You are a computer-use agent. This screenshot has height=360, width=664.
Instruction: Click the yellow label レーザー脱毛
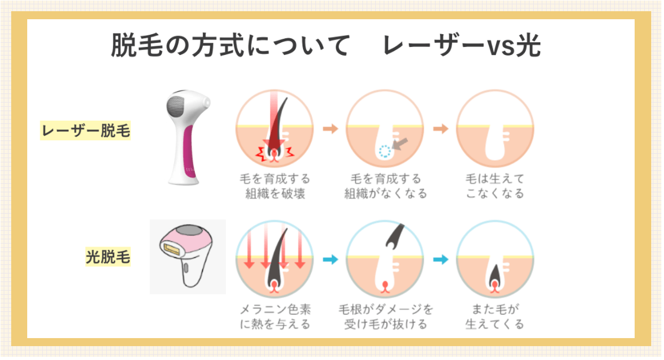coord(85,130)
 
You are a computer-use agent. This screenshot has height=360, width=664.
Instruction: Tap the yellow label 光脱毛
coord(108,256)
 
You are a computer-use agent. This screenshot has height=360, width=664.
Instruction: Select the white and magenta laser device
coord(188,137)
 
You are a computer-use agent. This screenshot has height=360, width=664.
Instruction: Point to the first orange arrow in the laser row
coord(330,129)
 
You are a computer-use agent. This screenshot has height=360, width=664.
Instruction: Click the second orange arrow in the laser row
coord(441,129)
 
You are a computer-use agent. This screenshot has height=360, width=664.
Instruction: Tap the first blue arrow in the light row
coord(330,260)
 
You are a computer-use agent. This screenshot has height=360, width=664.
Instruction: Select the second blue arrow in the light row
coord(441,260)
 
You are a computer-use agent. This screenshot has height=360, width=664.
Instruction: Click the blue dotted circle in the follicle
coord(385,151)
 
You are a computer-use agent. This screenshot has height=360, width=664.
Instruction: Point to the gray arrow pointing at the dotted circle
coord(400,144)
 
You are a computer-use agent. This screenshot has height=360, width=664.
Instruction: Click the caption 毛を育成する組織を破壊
coord(275,186)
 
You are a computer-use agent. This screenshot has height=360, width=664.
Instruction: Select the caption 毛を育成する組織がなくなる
coord(385,186)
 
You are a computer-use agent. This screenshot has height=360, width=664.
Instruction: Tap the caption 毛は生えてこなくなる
coord(495,186)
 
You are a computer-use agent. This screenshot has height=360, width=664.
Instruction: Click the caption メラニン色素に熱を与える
coord(275,317)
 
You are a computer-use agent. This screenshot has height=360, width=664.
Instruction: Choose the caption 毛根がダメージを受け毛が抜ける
coord(385,317)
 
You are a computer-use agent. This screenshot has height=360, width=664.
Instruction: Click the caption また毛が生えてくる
coord(495,317)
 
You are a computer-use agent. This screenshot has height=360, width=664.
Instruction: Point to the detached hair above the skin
coord(395,236)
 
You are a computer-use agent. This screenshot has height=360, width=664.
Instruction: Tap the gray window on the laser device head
coord(176,106)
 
